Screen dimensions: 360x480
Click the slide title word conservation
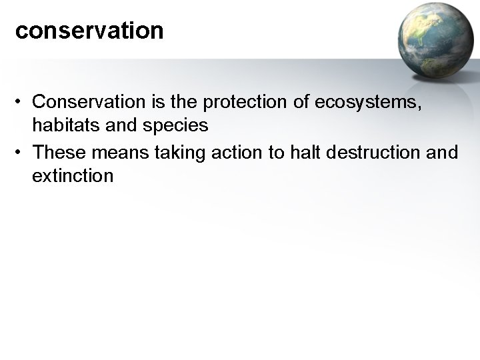[x=89, y=31]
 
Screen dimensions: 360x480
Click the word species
[x=180, y=125]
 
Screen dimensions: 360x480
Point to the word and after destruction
[x=443, y=153]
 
